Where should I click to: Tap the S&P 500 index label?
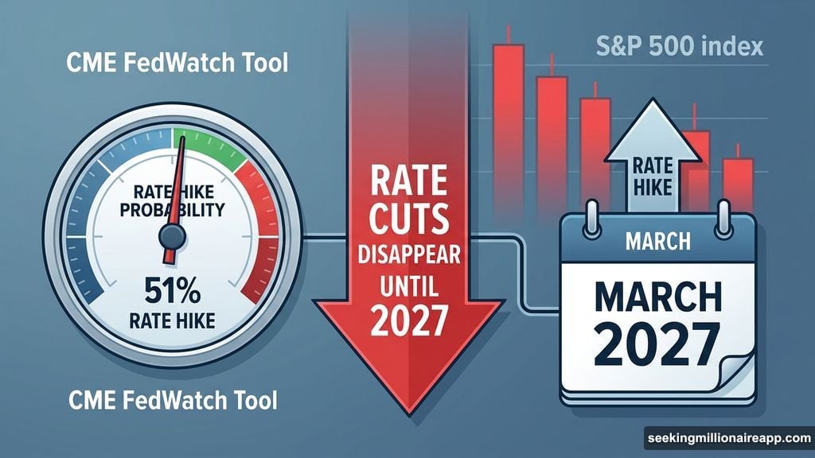coord(678,45)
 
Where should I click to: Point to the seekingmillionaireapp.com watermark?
coord(727,439)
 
